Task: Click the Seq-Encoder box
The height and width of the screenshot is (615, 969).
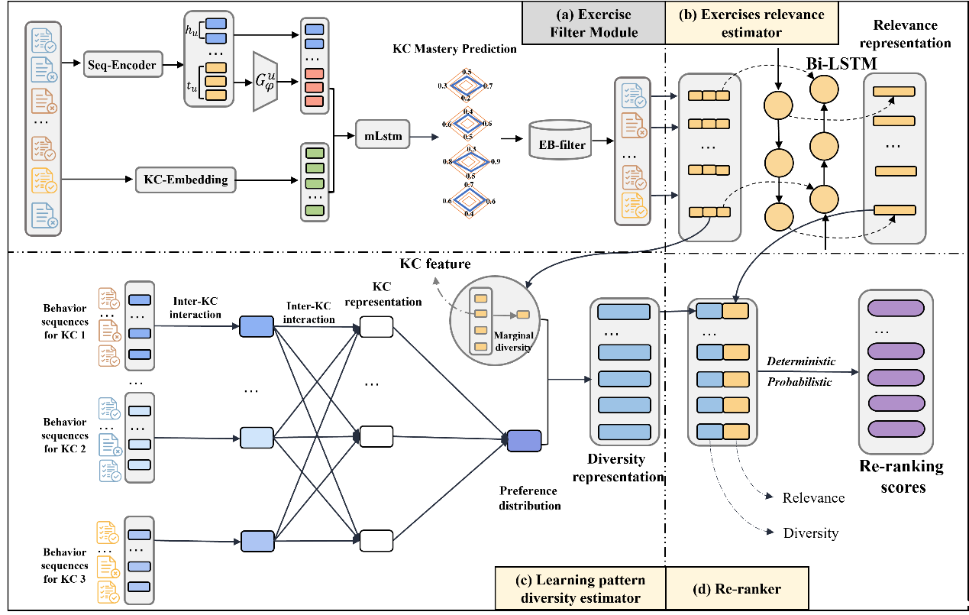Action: [x=123, y=64]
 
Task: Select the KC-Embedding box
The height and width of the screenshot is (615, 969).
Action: [x=186, y=180]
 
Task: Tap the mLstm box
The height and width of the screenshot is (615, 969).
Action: [x=383, y=135]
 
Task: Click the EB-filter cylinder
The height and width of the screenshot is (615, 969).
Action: [x=560, y=140]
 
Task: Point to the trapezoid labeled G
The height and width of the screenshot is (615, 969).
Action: [x=265, y=82]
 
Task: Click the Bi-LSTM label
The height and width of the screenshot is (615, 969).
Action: [x=841, y=63]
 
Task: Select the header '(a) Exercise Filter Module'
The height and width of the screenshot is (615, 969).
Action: [x=593, y=23]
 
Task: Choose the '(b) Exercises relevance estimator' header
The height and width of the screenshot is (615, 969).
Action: [x=752, y=23]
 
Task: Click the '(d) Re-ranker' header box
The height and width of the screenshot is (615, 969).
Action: [x=737, y=588]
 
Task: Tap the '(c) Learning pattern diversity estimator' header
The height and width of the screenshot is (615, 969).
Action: [x=580, y=588]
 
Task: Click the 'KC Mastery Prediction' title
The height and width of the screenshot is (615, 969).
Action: [x=454, y=48]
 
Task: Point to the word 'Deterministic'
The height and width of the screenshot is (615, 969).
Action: [x=801, y=361]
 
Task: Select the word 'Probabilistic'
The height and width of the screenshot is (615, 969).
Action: [x=799, y=382]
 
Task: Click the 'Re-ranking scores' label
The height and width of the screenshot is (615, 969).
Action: [x=902, y=477]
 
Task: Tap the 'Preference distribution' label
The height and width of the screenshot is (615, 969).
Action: [x=529, y=498]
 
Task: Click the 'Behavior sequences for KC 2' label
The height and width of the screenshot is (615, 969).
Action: [x=64, y=435]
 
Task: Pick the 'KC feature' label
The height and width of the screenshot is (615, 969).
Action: [x=434, y=264]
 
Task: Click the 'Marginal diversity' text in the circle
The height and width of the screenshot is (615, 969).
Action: [x=513, y=341]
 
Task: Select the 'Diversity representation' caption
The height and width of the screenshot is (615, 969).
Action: [x=618, y=468]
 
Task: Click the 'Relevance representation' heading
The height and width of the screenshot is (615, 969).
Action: [x=905, y=34]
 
